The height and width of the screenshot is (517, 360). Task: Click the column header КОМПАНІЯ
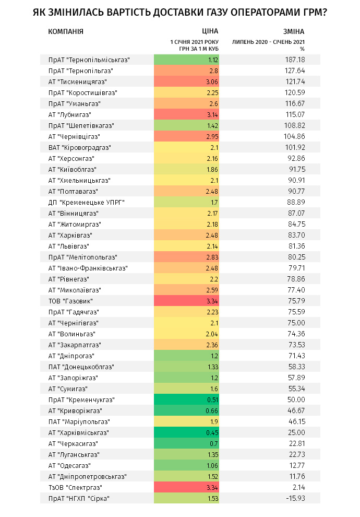(66, 32)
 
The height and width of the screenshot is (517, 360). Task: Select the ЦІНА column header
(210, 31)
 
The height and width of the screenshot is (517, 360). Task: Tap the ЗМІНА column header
(294, 32)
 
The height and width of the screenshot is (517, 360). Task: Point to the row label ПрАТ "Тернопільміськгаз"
(89, 60)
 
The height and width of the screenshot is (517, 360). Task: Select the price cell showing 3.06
(186, 82)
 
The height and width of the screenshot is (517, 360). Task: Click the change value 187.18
(295, 60)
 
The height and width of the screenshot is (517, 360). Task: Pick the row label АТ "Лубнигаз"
(70, 115)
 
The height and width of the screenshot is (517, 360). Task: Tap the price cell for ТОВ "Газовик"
(186, 301)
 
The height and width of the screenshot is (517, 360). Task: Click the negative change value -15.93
(295, 498)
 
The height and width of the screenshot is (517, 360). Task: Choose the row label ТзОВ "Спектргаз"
(76, 487)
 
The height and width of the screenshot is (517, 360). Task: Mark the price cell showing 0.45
(186, 432)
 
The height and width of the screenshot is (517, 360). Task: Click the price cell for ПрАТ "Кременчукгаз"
(186, 399)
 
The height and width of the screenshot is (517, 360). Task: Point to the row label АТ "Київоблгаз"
(73, 170)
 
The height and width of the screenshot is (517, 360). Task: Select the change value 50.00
(296, 399)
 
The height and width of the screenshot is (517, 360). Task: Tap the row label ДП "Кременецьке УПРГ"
(87, 203)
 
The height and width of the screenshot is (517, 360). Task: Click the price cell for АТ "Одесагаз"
(186, 466)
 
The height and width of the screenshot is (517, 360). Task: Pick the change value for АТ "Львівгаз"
(296, 246)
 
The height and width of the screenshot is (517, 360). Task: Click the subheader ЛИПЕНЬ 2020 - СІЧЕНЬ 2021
(269, 42)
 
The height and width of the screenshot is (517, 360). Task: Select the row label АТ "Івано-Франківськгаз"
(88, 268)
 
